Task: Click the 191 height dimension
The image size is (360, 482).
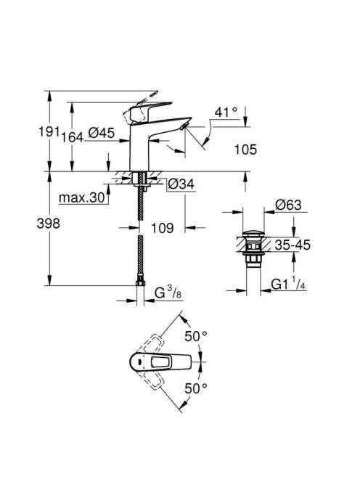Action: click(49, 132)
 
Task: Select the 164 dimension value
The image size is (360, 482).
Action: click(73, 137)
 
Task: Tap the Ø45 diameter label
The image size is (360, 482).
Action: click(102, 133)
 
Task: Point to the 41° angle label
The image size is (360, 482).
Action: click(226, 113)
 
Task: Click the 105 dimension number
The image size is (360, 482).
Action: click(245, 150)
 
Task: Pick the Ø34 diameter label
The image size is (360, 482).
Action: click(181, 184)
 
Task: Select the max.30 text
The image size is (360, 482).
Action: click(82, 197)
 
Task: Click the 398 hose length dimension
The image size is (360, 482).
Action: click(49, 223)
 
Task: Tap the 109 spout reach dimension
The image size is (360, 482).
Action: click(163, 228)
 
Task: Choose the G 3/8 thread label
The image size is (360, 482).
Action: click(168, 293)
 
